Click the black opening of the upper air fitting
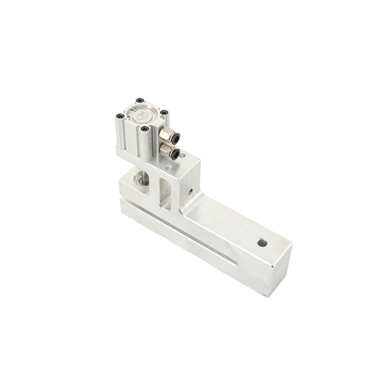pos(175,138)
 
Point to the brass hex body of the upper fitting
pos(165,134)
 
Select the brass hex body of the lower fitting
pos(165,150)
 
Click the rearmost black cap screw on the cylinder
pos(140,100)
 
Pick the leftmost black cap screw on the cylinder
pos(120,115)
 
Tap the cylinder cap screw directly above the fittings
pos(164,113)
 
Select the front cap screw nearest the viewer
pos(144,129)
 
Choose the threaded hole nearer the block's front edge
pos(168,167)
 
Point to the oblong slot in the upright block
pos(165,193)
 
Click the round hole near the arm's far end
pos(262,242)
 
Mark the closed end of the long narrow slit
pos(234,263)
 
